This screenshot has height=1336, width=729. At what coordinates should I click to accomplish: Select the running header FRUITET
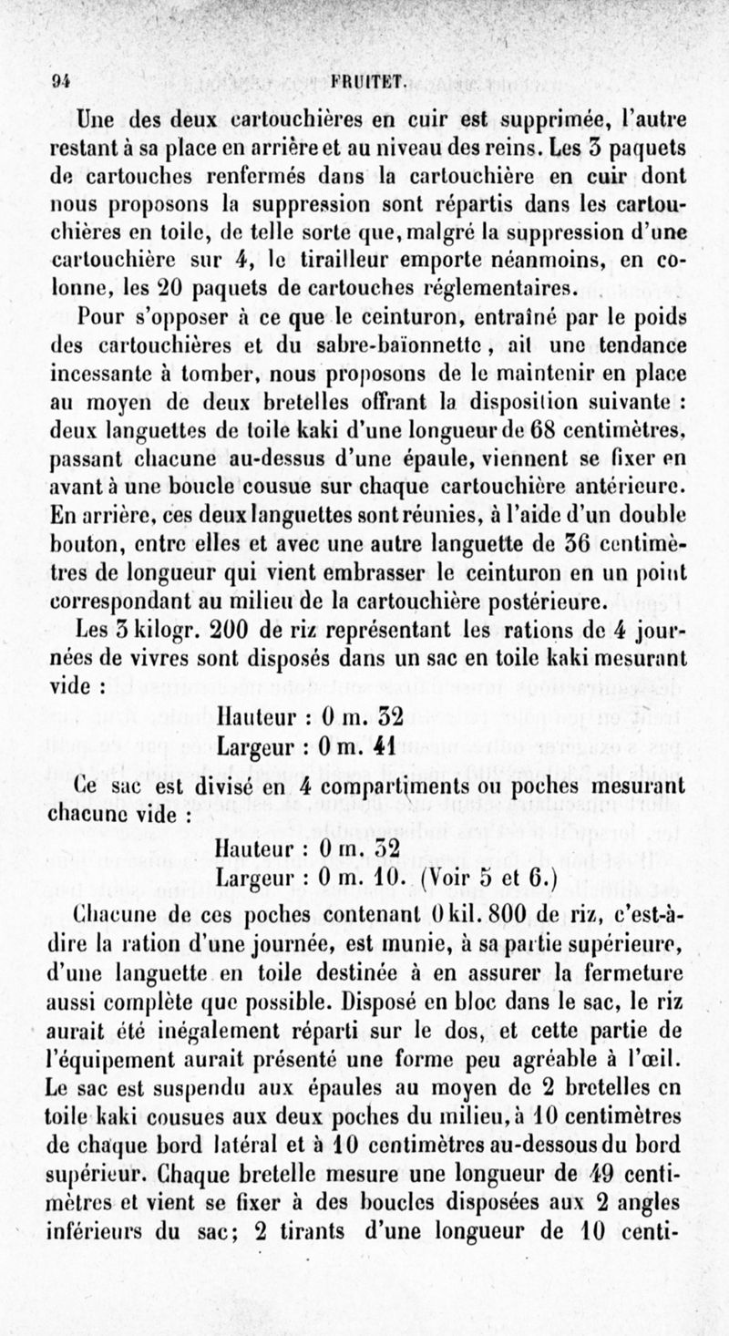pyautogui.click(x=367, y=79)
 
